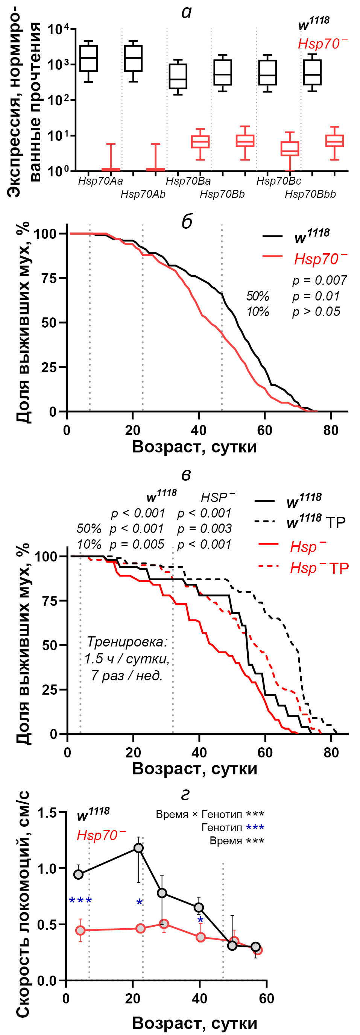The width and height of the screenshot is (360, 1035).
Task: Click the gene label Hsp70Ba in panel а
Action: pyautogui.click(x=188, y=181)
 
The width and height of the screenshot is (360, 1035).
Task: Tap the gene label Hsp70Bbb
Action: pyautogui.click(x=310, y=194)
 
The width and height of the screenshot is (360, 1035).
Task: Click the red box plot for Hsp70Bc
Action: pyautogui.click(x=290, y=149)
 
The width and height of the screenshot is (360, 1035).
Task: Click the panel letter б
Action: pyautogui.click(x=187, y=222)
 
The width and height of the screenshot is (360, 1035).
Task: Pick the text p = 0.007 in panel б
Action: pyautogui.click(x=319, y=280)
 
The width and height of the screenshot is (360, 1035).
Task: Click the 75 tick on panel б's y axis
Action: pyautogui.click(x=49, y=278)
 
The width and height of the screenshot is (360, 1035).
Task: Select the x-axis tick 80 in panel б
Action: pyautogui.click(x=331, y=430)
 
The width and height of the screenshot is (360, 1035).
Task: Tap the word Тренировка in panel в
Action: pyautogui.click(x=126, y=642)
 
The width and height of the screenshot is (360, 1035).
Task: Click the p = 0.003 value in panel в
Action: pyautogui.click(x=204, y=529)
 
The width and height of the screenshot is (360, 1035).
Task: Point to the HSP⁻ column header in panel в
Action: pyautogui.click(x=217, y=498)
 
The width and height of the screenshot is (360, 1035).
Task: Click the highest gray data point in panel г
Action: pyautogui.click(x=138, y=848)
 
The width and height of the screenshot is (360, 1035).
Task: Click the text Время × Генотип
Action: pyautogui.click(x=199, y=814)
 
